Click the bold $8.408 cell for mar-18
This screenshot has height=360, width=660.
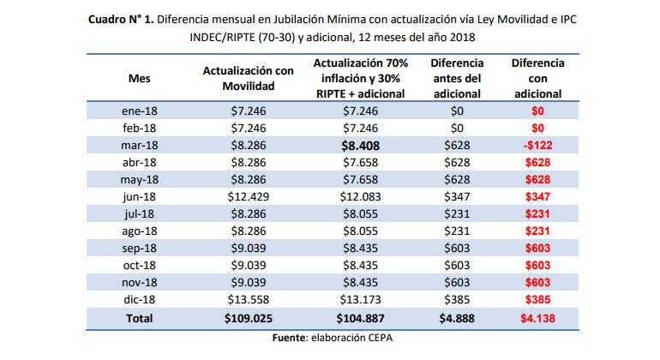tap(360, 146)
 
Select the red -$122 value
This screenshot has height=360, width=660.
tap(537, 145)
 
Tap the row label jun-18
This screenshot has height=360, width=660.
tap(140, 197)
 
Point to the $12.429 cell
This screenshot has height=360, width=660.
tap(249, 196)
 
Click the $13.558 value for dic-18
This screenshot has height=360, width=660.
tap(249, 299)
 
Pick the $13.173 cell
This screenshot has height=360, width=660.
tap(360, 299)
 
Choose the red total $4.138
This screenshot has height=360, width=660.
tap(537, 318)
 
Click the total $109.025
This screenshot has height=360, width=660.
tap(249, 318)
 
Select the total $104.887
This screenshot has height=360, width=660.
tap(360, 318)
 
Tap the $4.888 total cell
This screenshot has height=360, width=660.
tap(457, 318)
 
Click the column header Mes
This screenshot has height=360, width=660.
tap(140, 79)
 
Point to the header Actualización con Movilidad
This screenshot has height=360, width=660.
tap(249, 78)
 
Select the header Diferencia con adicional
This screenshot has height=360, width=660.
tap(538, 78)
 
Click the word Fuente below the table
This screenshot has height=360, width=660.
tap(288, 338)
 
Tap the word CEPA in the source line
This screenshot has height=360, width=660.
tap(380, 338)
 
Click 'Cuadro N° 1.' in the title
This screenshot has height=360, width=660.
tap(121, 20)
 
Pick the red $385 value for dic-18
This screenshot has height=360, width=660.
tap(537, 299)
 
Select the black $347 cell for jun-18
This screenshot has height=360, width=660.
tap(457, 196)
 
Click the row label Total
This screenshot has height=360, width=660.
tap(140, 318)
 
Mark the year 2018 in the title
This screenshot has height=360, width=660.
tap(462, 38)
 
